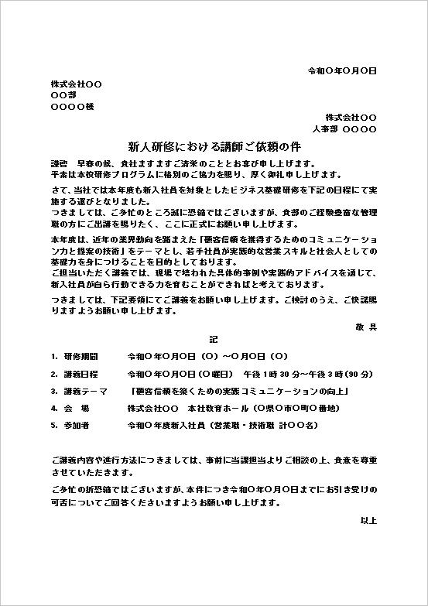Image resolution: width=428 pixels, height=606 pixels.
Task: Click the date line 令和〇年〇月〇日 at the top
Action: pos(342,70)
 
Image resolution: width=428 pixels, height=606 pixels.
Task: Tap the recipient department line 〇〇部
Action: pos(63,94)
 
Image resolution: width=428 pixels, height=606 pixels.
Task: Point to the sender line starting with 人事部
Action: pos(344,128)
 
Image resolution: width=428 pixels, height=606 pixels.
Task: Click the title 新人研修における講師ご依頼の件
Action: pos(214,146)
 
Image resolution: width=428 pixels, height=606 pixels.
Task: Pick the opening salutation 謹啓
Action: pos(59,163)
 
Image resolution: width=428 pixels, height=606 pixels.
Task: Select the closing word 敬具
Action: pos(367,327)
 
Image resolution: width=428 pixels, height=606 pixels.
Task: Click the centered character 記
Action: pos(214,339)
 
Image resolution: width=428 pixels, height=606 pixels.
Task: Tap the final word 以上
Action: pos(368,520)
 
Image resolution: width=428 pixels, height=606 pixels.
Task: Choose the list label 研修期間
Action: pos(81,357)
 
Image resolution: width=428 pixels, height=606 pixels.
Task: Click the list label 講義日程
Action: pos(81,374)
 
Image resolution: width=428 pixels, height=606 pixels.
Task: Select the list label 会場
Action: pos(77,408)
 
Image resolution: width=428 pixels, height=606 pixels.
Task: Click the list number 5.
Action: pos(54,425)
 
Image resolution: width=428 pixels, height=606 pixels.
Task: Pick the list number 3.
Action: pos(54,391)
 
